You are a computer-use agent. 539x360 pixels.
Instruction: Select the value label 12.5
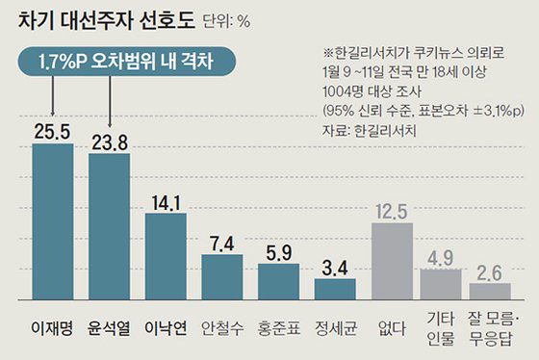click(x=393, y=209)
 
